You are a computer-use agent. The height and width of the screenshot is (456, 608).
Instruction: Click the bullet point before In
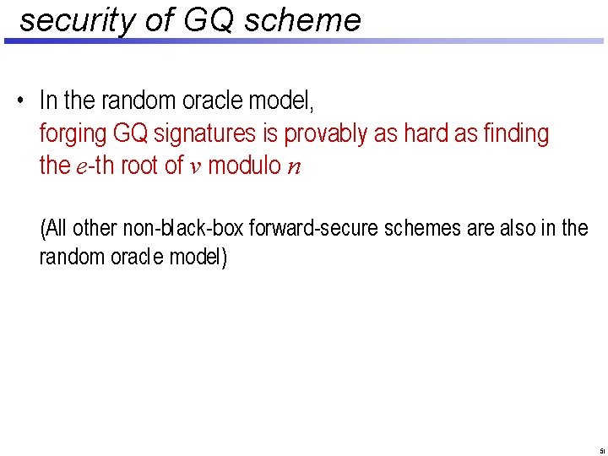tap(19, 102)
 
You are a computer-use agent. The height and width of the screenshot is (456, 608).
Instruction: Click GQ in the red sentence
tap(131, 133)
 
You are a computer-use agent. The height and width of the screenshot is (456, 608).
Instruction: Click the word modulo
tap(244, 166)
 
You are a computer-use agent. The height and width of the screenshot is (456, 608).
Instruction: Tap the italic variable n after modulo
tap(293, 166)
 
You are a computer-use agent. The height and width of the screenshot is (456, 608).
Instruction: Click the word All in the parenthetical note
tap(56, 228)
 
